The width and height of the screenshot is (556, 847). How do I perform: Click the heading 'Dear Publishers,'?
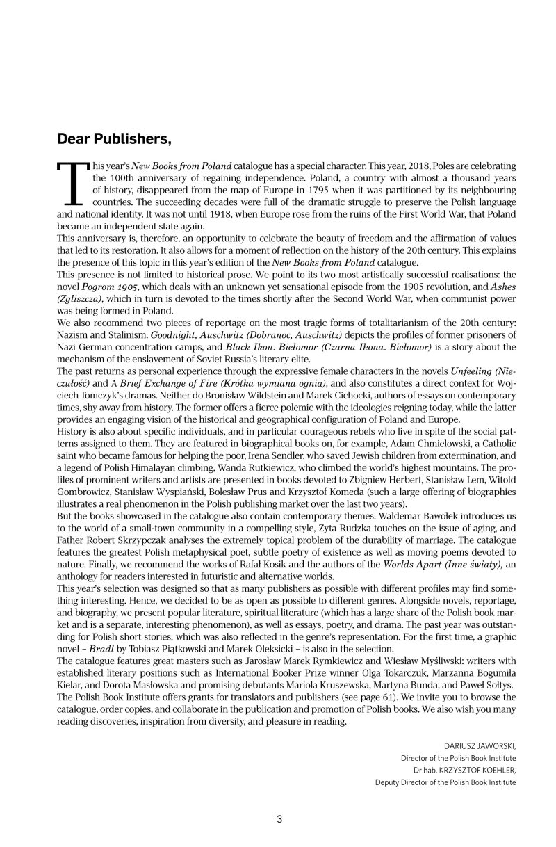pyautogui.click(x=114, y=139)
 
